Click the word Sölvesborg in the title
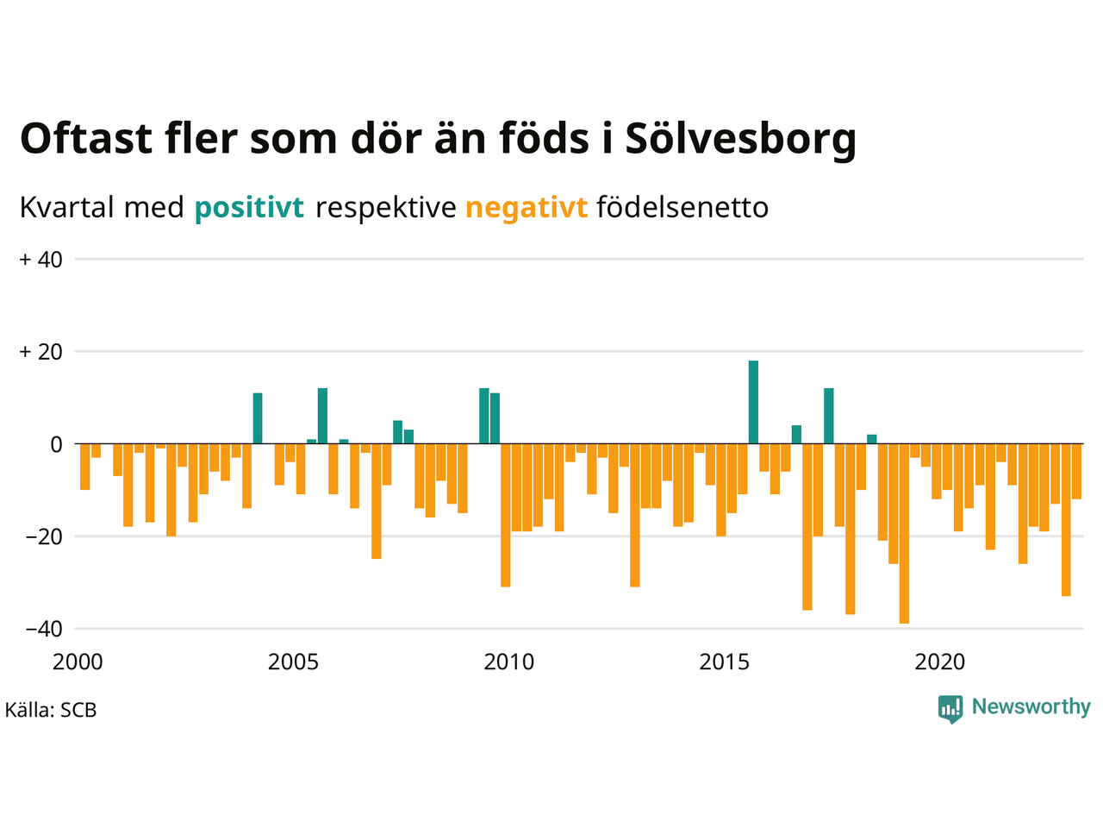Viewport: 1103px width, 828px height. (740, 139)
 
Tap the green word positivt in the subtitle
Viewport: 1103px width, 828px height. (249, 208)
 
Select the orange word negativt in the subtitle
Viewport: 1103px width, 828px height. (527, 208)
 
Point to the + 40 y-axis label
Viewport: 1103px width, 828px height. (41, 260)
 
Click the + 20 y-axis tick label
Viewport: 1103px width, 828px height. (41, 352)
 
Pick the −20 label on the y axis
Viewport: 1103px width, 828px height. (44, 536)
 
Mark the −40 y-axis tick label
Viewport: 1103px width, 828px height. (44, 629)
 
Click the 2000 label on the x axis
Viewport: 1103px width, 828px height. (78, 662)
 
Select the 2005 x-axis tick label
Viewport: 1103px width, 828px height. (293, 662)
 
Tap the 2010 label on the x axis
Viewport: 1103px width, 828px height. (508, 662)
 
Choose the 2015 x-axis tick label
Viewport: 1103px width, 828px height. (725, 662)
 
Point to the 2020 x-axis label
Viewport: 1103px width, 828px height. (940, 662)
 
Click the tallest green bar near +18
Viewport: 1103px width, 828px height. (753, 402)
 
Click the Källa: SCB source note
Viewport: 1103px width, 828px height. (51, 711)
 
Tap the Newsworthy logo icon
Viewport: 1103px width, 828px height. (950, 709)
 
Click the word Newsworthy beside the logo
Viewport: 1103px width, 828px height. (1031, 707)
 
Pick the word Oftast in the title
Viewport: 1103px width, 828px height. (86, 139)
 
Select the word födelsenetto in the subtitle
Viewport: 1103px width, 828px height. (682, 208)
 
